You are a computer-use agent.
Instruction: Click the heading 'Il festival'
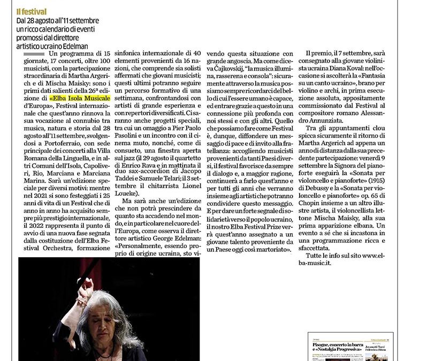[x=31, y=11]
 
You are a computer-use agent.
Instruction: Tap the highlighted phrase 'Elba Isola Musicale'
[x=80, y=98]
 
